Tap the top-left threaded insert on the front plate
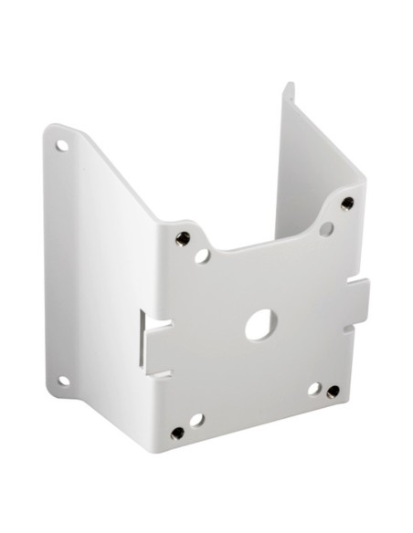click(x=184, y=238)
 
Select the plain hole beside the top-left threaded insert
click(x=202, y=256)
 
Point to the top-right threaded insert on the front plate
click(x=347, y=203)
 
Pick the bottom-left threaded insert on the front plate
click(x=177, y=433)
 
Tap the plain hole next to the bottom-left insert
click(x=196, y=420)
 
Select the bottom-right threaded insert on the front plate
click(x=334, y=392)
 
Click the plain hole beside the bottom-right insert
click(x=313, y=388)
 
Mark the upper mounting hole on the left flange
click(x=63, y=144)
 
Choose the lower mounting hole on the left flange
click(x=64, y=381)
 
